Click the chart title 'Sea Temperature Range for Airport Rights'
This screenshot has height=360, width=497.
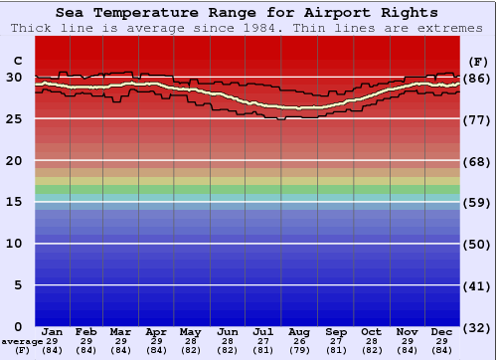(x=247, y=13)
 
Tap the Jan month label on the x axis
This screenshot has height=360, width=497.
(x=53, y=331)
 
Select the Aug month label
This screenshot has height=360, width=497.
(x=299, y=331)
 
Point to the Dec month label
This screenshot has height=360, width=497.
(x=441, y=331)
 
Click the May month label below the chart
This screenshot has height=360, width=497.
(x=189, y=331)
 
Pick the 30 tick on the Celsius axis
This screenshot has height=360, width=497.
(x=15, y=78)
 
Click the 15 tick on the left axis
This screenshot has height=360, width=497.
(x=15, y=202)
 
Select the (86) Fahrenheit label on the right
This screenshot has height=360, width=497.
(x=478, y=78)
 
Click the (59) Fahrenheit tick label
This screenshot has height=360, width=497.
(x=478, y=202)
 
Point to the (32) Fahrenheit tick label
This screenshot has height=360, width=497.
(x=478, y=326)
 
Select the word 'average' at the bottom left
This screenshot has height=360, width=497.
(x=22, y=341)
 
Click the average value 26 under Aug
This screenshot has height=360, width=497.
(x=299, y=341)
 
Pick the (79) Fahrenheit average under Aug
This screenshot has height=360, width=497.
(x=299, y=350)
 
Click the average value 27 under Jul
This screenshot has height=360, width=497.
(x=263, y=341)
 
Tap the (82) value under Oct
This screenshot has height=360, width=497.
(x=371, y=350)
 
